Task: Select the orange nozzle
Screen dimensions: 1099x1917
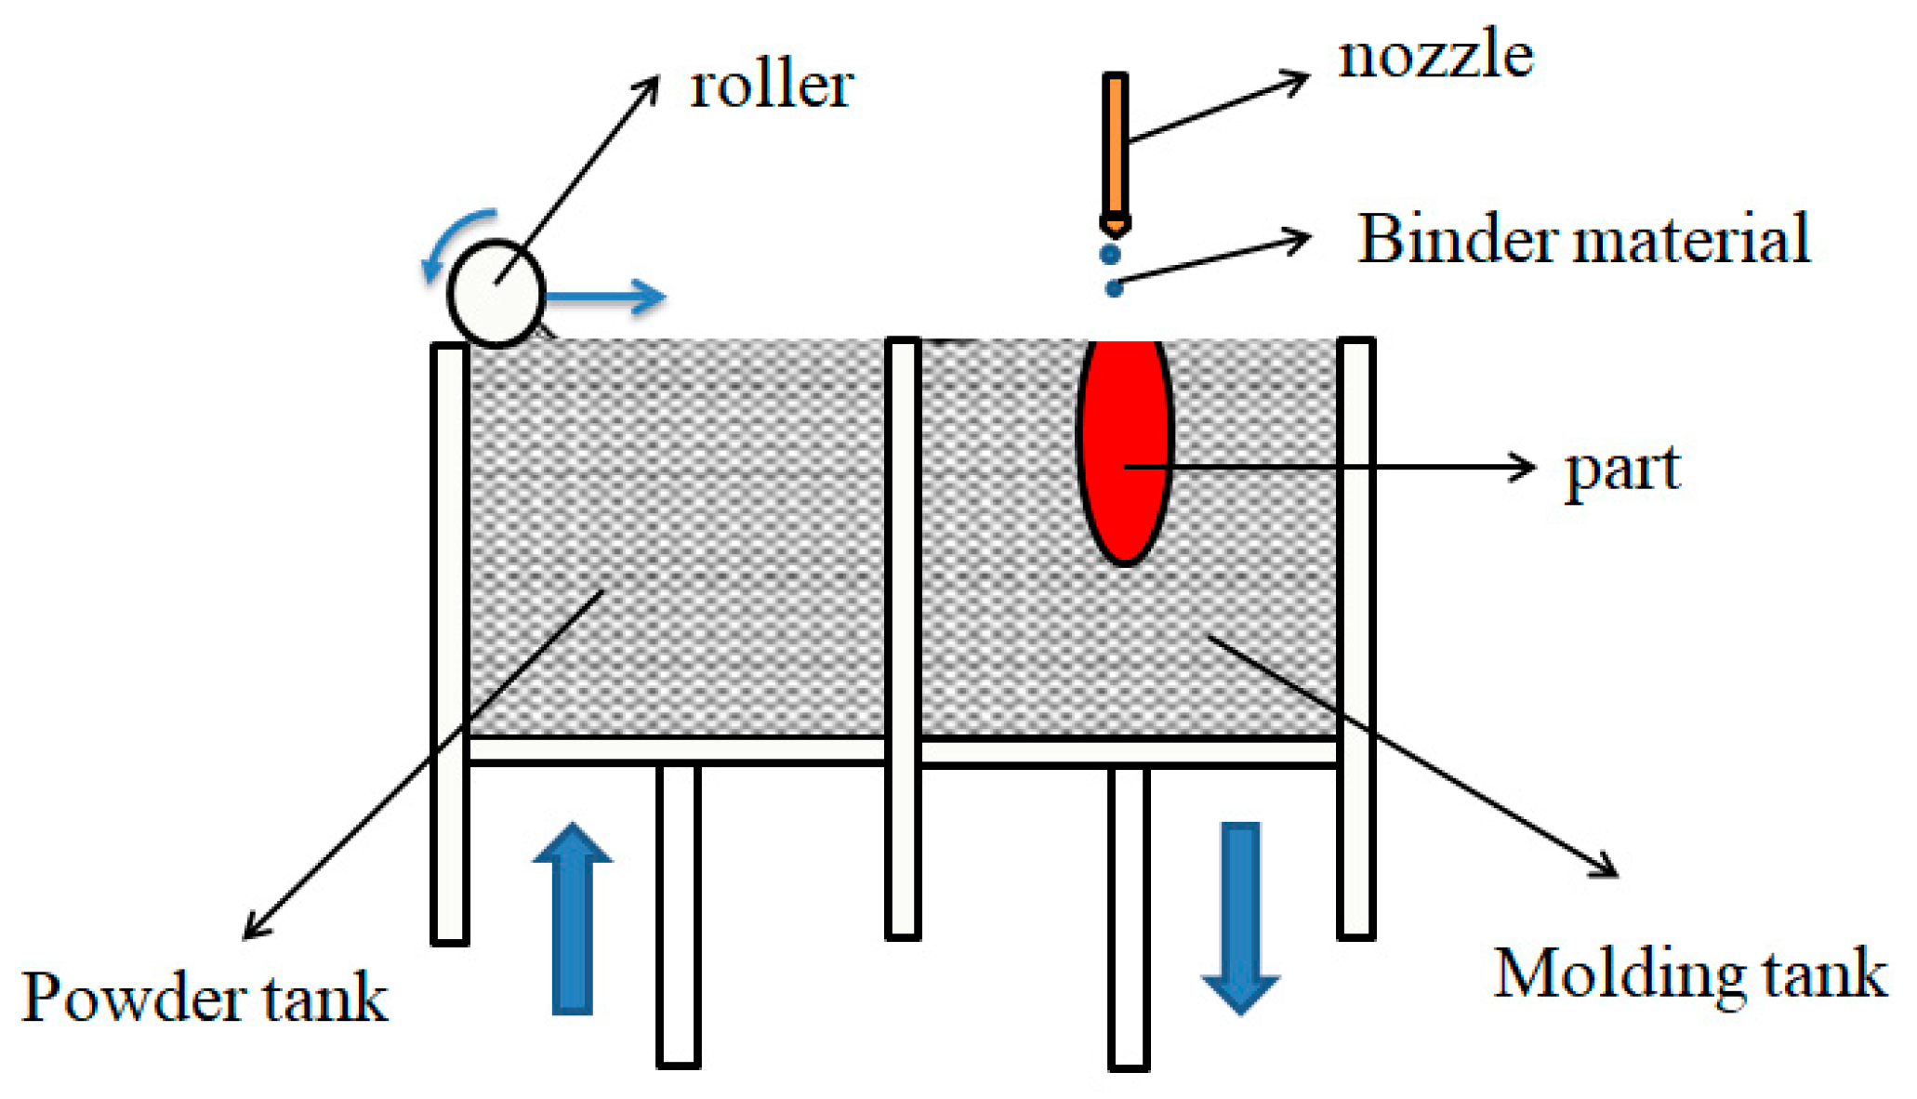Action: tap(1115, 149)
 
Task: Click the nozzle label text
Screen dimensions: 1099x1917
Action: tap(1435, 55)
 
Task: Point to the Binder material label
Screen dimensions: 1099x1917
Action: tap(1583, 239)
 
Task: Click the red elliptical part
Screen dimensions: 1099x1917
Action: tap(1125, 451)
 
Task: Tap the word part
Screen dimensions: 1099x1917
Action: tap(1622, 470)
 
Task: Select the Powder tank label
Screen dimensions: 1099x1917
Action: tap(204, 998)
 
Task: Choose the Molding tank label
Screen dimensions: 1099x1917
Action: tap(1689, 974)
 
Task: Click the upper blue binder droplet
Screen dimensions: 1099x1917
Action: tap(1110, 254)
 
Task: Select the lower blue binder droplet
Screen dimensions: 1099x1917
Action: tap(1114, 288)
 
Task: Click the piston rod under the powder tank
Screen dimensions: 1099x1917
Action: tap(678, 916)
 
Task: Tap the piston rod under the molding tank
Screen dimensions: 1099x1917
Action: tap(1129, 918)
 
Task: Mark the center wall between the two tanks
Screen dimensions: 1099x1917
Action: tap(903, 637)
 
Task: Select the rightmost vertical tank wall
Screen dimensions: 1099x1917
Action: tap(1355, 637)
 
